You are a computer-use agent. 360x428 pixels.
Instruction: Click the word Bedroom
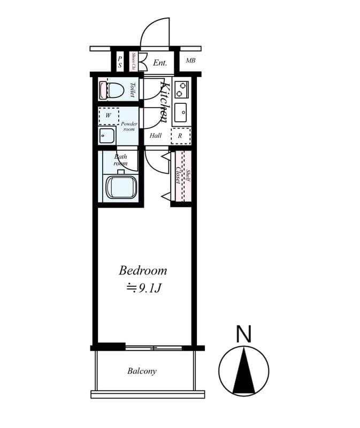tap(143, 270)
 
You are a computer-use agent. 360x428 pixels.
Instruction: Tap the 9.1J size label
tap(144, 288)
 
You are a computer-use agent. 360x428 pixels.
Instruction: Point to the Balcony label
tap(142, 371)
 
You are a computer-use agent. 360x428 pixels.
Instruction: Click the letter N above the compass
tap(244, 334)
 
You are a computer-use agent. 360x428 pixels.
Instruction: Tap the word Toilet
tap(131, 89)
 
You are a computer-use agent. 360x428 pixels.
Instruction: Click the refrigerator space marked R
tap(180, 136)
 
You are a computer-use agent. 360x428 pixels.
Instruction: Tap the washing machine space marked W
tap(108, 115)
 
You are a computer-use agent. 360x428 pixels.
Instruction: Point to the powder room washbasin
tap(106, 135)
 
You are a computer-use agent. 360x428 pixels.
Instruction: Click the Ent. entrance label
tap(160, 63)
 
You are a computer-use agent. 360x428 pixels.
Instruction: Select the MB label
tap(190, 60)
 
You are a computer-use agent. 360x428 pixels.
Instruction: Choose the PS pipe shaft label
tap(120, 62)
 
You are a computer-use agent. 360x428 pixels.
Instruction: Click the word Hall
tap(156, 135)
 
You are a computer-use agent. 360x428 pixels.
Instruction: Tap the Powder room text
tap(129, 126)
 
